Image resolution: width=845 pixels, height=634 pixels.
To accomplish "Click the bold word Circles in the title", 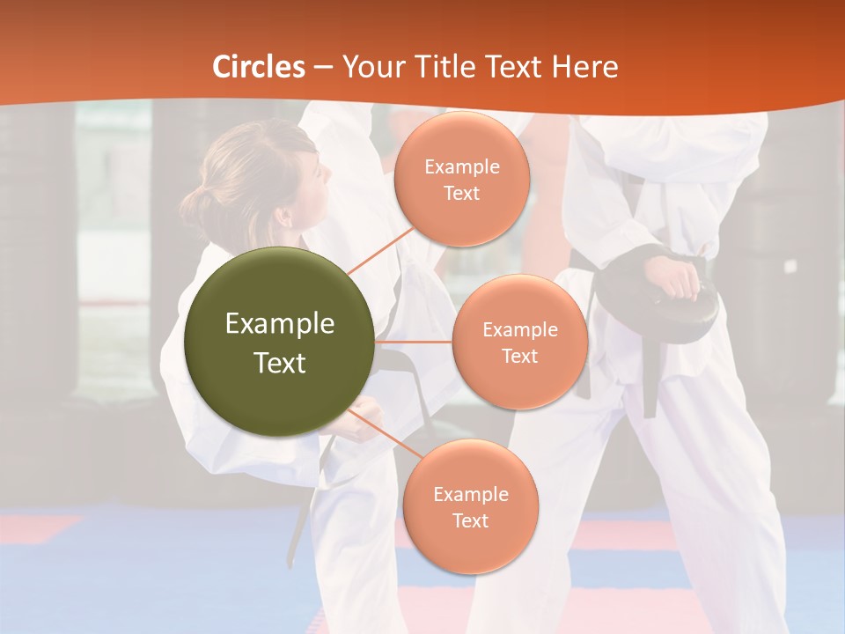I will click(x=259, y=67).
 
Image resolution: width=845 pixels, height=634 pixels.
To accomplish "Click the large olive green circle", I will click(x=279, y=342).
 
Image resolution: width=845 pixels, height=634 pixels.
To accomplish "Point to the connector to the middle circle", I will click(x=414, y=342).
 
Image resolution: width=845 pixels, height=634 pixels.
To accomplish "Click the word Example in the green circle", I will click(x=279, y=324).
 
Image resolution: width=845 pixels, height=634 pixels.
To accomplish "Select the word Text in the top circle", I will click(x=461, y=194).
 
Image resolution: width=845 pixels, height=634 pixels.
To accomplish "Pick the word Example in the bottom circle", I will click(x=470, y=495).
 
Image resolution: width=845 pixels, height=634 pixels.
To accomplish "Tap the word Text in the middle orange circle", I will click(x=519, y=357).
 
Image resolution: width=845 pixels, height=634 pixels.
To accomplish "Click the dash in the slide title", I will click(x=323, y=67).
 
